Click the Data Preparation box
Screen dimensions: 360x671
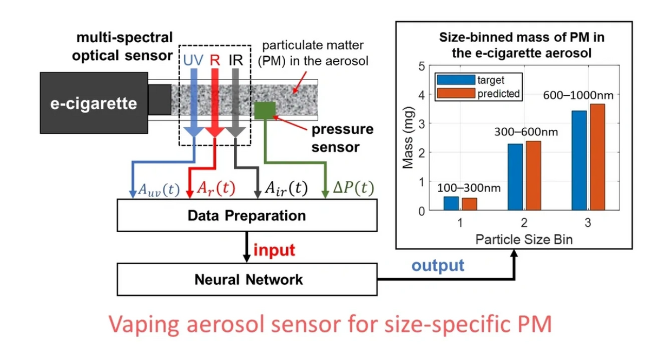click(x=247, y=215)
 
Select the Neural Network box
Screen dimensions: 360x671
click(x=247, y=279)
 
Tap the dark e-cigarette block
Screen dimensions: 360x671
click(x=94, y=103)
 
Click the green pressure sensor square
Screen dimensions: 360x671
click(x=265, y=110)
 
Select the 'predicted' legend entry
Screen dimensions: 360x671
click(x=498, y=94)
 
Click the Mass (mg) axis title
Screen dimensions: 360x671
click(x=408, y=139)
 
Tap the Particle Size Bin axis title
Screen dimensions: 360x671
click(x=524, y=239)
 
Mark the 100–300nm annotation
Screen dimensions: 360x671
click(x=469, y=188)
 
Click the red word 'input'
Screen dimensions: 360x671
click(x=274, y=250)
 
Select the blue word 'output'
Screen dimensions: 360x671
click(x=438, y=265)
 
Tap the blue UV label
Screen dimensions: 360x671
click(x=193, y=60)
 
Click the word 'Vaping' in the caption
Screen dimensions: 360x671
click(x=142, y=324)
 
